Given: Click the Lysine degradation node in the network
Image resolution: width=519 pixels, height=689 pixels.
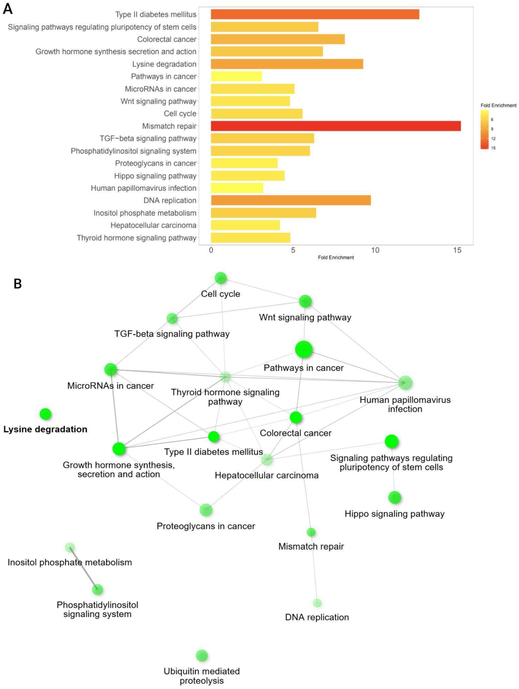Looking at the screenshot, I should pyautogui.click(x=45, y=414).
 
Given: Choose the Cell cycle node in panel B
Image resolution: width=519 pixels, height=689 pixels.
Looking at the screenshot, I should pyautogui.click(x=221, y=278).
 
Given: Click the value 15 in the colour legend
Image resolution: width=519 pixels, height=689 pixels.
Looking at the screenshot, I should pyautogui.click(x=493, y=148).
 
